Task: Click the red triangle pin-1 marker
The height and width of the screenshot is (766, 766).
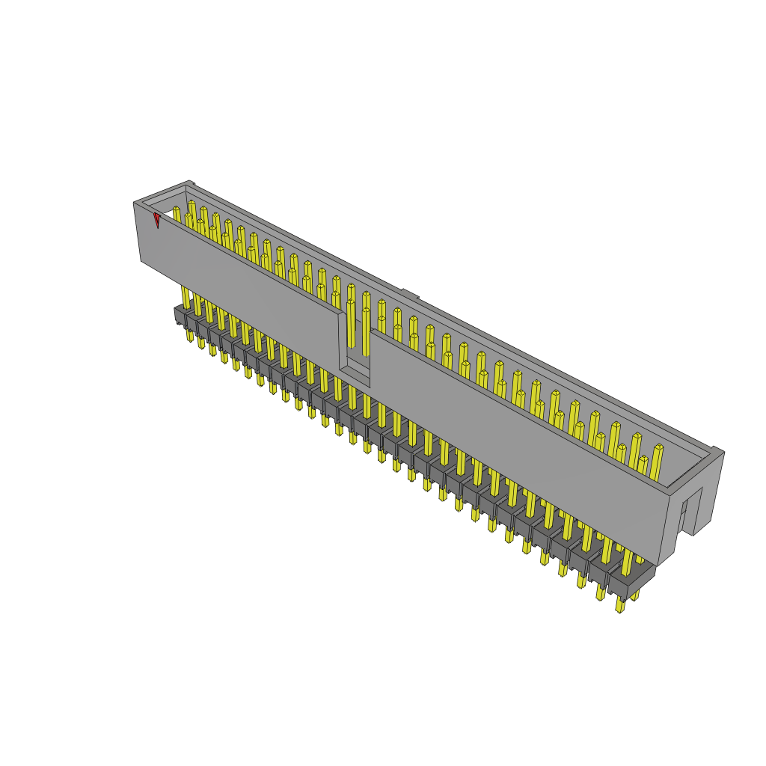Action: point(156,219)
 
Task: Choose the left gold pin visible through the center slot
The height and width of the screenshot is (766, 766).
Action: point(351,322)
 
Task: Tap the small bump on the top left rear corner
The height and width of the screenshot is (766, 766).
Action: point(190,183)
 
